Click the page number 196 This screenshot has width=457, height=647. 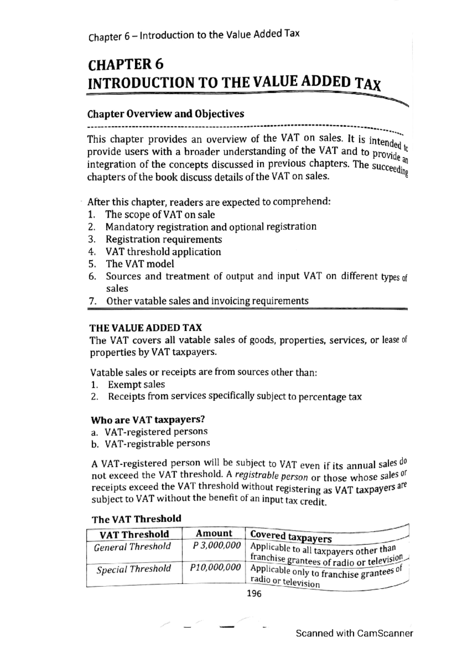(254, 594)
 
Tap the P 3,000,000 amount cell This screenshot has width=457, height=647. (217, 546)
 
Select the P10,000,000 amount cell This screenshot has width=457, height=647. (216, 568)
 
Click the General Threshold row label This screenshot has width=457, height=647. (132, 547)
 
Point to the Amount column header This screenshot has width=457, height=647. (214, 533)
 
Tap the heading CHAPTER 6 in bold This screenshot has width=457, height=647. (126, 65)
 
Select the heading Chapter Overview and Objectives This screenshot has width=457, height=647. (166, 114)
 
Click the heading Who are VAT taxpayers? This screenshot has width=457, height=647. (148, 420)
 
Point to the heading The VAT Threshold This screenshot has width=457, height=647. (136, 519)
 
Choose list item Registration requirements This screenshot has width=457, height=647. (163, 240)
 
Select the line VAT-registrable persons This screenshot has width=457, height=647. (157, 444)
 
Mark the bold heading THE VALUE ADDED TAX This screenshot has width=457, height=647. (145, 328)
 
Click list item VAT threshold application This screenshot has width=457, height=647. (163, 252)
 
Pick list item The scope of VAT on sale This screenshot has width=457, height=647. (160, 215)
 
